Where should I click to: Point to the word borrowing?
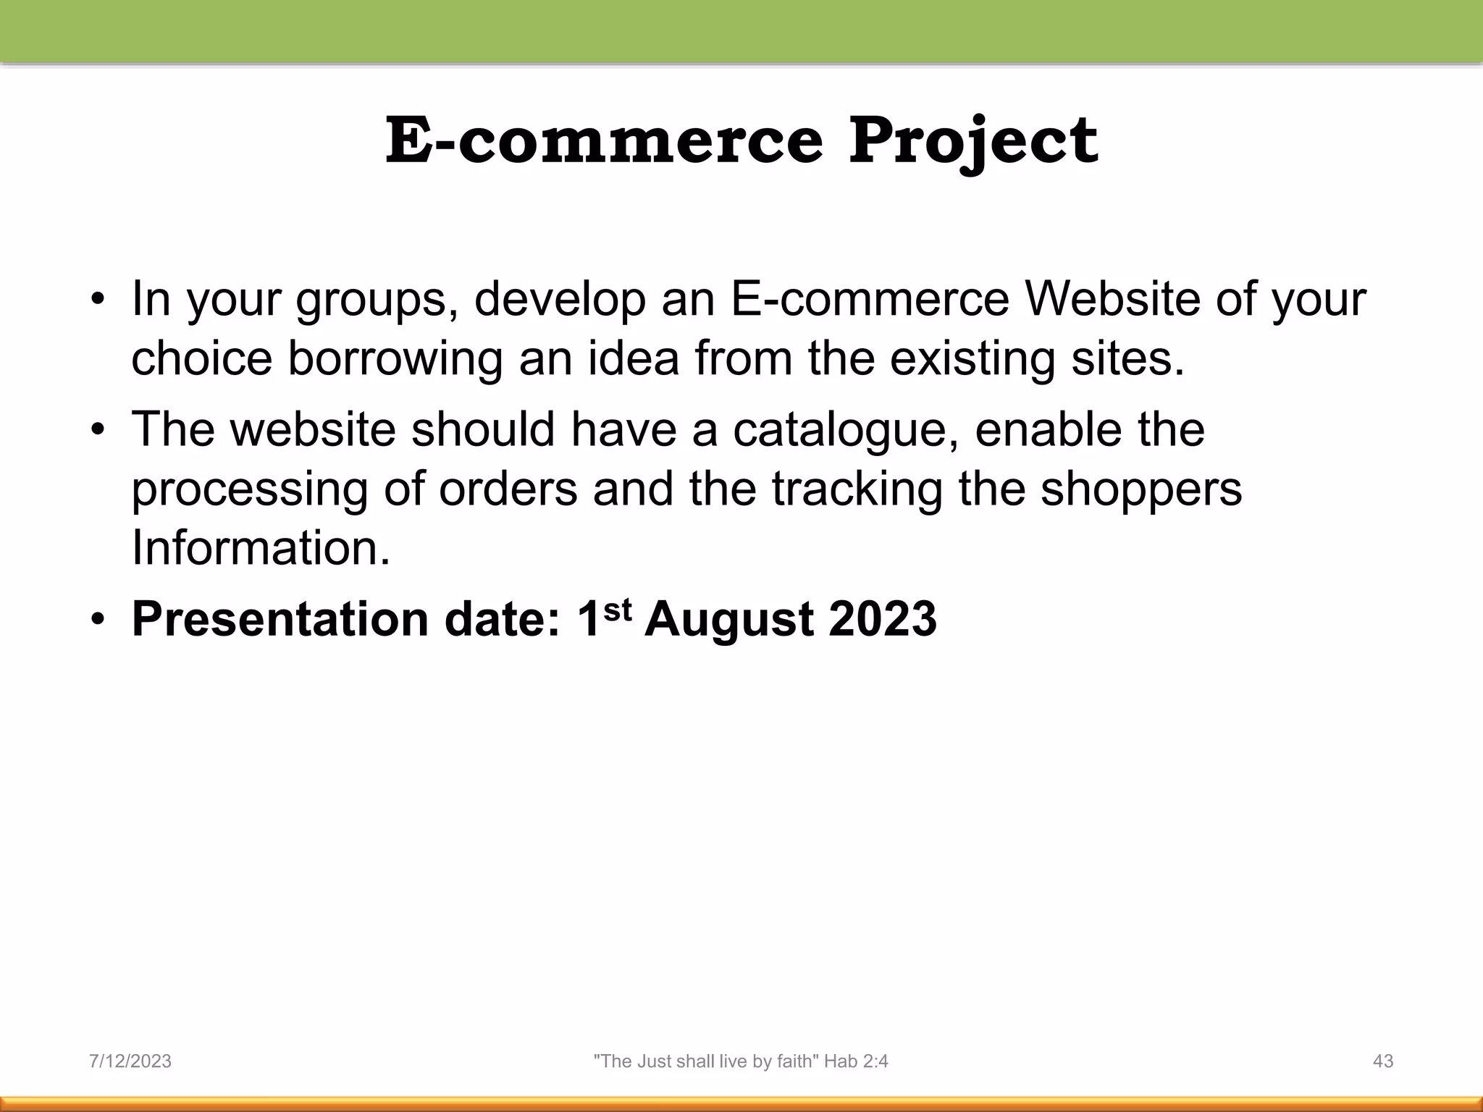[x=395, y=360]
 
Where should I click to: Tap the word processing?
[x=249, y=490]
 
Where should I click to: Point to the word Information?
[x=261, y=548]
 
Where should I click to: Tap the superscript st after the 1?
[x=617, y=610]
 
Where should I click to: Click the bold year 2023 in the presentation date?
[x=883, y=619]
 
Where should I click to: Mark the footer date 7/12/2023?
[x=130, y=1061]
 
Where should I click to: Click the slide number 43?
[x=1383, y=1061]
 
